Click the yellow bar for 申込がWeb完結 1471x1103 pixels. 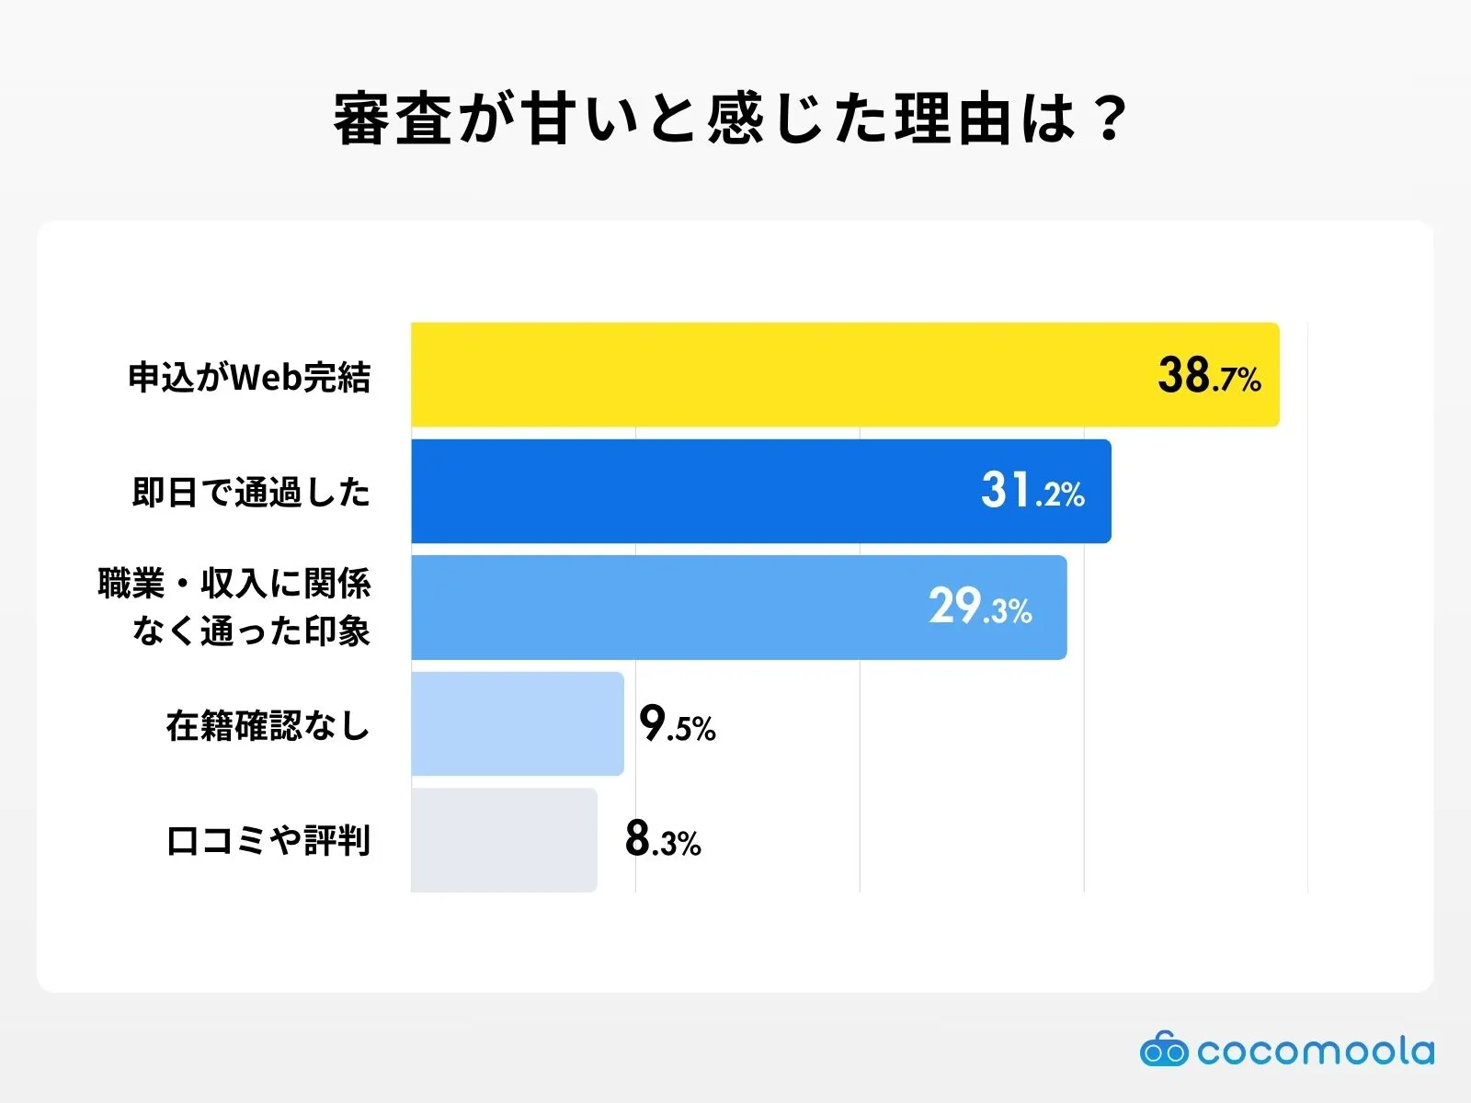pos(781,375)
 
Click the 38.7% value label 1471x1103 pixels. pos(1209,376)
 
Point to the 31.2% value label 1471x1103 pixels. pos(1032,491)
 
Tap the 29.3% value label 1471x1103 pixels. pos(980,608)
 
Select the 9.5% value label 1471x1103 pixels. pos(678,724)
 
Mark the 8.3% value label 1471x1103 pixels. pos(663,839)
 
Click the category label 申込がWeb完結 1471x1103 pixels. pos(249,378)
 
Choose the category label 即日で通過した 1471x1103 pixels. pos(251,493)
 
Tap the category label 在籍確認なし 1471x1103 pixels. pos(268,726)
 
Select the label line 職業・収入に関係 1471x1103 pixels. pos(234,585)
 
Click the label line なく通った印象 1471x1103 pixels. pos(251,631)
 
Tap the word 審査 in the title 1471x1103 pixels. pos(393,119)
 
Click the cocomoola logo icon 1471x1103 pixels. pos(1164,1050)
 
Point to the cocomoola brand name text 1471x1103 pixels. pos(1316,1051)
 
